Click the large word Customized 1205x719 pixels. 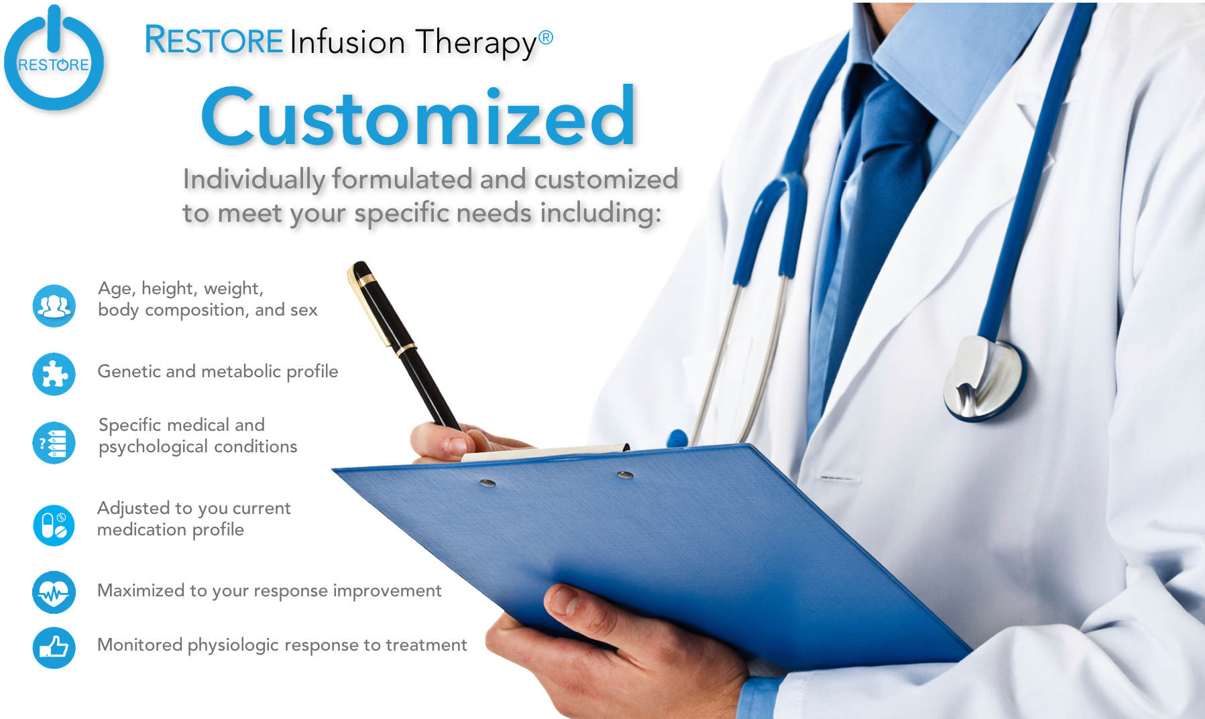pyautogui.click(x=418, y=117)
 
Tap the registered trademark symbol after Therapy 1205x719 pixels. pyautogui.click(x=546, y=38)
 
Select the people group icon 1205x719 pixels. pyautogui.click(x=54, y=306)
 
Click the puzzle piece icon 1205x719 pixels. pyautogui.click(x=54, y=374)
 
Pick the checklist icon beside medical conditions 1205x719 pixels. pyautogui.click(x=54, y=443)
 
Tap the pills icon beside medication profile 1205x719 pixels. pyautogui.click(x=54, y=525)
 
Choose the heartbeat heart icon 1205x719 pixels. pyautogui.click(x=54, y=592)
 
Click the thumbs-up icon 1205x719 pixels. pyautogui.click(x=54, y=647)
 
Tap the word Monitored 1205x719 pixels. pyautogui.click(x=140, y=645)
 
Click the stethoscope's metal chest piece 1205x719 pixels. pyautogui.click(x=984, y=378)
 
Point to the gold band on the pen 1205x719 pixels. pyautogui.click(x=405, y=350)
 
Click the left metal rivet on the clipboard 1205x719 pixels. pyautogui.click(x=487, y=482)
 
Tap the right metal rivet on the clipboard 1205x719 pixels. pyautogui.click(x=625, y=475)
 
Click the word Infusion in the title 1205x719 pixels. pyautogui.click(x=347, y=42)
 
